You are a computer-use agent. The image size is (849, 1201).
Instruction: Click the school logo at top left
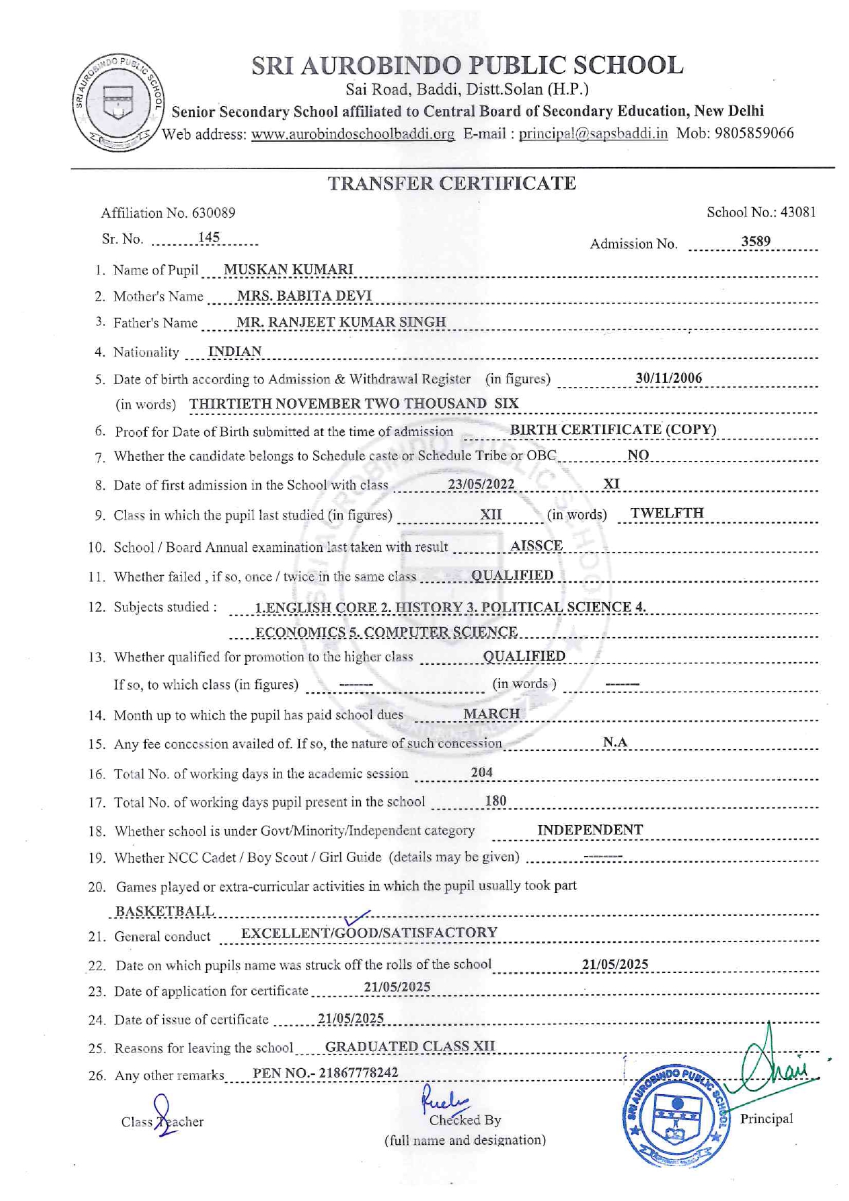point(118,103)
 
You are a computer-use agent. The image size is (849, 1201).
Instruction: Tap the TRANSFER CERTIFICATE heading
point(451,184)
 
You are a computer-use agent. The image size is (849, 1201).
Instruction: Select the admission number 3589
point(755,241)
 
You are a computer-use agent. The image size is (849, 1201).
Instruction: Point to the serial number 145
point(209,238)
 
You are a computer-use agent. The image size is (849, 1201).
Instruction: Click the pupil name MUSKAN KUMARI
point(288,269)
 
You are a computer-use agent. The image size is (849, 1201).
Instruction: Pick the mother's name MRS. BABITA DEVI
point(304,296)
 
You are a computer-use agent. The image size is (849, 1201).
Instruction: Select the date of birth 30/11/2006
point(668,378)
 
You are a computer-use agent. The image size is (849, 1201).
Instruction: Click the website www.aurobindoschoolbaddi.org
point(353,134)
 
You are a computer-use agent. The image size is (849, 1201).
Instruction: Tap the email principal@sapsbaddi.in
point(593,133)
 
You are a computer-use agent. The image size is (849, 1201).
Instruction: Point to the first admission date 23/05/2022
point(481,484)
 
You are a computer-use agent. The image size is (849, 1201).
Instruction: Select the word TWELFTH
point(667,513)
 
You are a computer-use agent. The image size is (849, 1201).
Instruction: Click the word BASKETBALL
point(164,911)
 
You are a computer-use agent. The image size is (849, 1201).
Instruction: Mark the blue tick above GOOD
point(357,918)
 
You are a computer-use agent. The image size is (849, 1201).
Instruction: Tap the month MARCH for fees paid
point(491,713)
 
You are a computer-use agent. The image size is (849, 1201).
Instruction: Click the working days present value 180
point(496,800)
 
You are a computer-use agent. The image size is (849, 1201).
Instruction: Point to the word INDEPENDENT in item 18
point(590,830)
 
